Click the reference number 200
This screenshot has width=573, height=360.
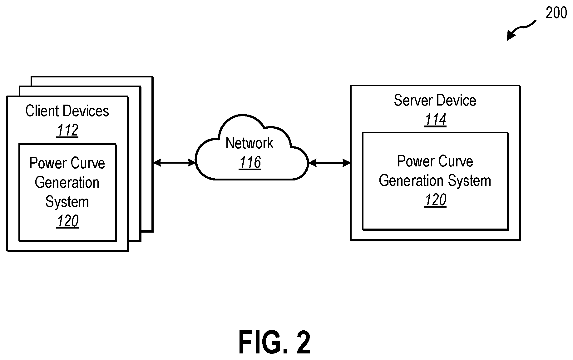pos(556,13)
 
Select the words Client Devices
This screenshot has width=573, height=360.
pos(67,111)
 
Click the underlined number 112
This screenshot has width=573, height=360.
pos(67,130)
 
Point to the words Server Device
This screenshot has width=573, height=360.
pos(435,100)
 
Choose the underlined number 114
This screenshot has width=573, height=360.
pos(435,120)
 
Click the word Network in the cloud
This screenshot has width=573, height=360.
pos(249,143)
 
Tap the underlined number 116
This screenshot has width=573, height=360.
pos(250,162)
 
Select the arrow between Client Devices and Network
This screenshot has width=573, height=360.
pos(174,162)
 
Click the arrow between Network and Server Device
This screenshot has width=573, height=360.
pos(329,163)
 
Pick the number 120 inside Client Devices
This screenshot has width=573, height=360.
pos(67,221)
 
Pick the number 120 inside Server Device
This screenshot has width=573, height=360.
pos(435,200)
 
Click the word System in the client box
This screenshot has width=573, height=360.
pos(67,202)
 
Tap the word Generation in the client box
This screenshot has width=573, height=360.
pos(67,182)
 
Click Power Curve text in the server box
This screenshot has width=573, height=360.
pos(435,161)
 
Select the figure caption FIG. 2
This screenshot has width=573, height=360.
pos(275,342)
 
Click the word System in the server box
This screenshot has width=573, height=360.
pos(470,181)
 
